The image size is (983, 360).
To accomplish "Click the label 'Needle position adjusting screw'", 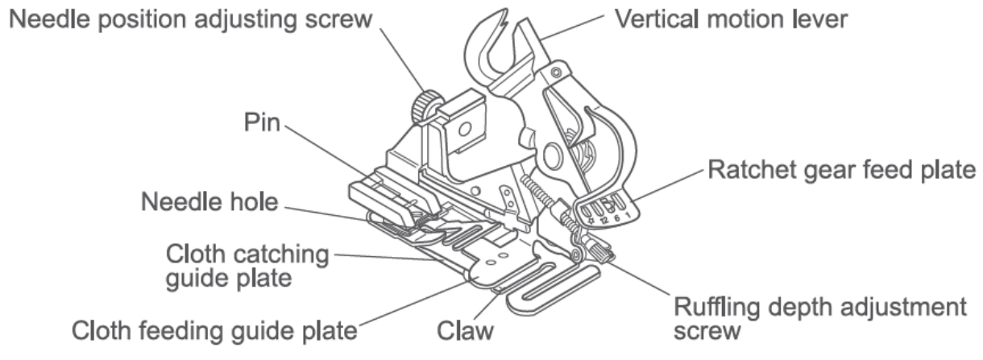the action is pyautogui.click(x=190, y=20).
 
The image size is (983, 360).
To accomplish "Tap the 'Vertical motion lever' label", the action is pyautogui.click(x=731, y=19).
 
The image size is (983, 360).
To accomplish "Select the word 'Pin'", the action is pyautogui.click(x=262, y=122).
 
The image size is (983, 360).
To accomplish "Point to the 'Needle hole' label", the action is pyautogui.click(x=209, y=202).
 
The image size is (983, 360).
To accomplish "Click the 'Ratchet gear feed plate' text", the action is pyautogui.click(x=842, y=170).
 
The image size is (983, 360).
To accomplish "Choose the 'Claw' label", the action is pyautogui.click(x=465, y=331).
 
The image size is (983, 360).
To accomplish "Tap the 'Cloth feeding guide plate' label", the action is pyautogui.click(x=214, y=331).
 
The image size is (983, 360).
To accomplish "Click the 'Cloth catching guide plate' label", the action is pyautogui.click(x=247, y=266).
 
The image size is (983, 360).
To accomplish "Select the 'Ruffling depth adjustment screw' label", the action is pyautogui.click(x=819, y=319).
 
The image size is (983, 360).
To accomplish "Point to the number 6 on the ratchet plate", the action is pyautogui.click(x=616, y=218).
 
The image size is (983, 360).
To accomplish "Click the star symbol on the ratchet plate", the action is pyautogui.click(x=591, y=221).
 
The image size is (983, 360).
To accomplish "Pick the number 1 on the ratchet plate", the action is pyautogui.click(x=628, y=215).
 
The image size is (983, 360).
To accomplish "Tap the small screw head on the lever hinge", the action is pyautogui.click(x=556, y=72).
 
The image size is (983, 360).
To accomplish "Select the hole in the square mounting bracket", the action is pyautogui.click(x=465, y=129).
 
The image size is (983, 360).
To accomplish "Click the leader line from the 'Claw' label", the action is pyautogui.click(x=487, y=307).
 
